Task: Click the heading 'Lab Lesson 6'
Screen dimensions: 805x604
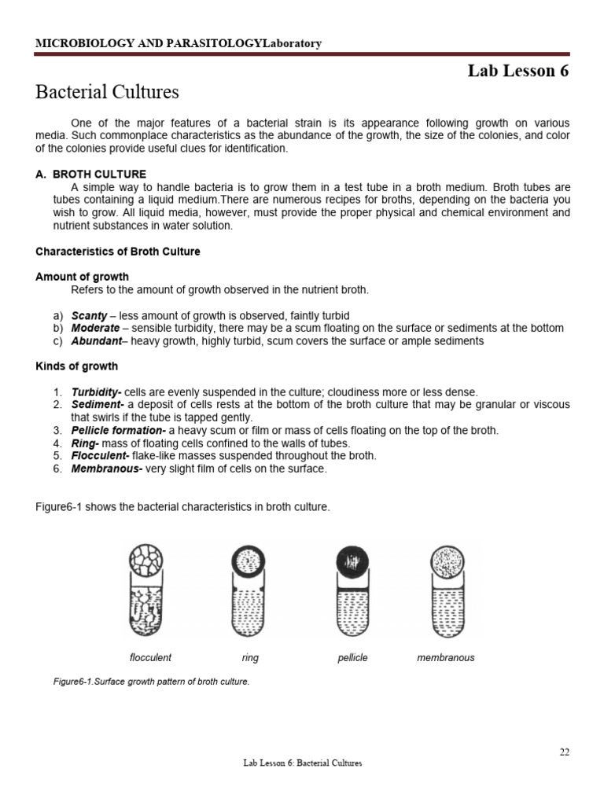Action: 517,71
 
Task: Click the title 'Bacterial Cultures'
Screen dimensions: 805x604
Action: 107,92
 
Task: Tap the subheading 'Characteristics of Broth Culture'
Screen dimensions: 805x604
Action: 118,252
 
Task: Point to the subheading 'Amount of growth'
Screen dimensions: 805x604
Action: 83,277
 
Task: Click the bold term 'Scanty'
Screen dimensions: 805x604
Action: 89,315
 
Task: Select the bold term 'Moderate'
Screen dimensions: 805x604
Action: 95,328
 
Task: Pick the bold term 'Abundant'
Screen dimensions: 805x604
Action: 98,341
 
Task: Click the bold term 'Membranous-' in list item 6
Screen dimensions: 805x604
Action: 102,469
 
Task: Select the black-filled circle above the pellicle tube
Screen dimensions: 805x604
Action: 352,562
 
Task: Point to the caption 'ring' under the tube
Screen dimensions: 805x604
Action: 251,657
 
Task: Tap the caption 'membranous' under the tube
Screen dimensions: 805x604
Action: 446,657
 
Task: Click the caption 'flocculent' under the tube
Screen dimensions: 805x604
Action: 150,657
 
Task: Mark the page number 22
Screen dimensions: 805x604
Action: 565,752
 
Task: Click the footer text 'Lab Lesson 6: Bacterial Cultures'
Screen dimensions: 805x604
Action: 302,763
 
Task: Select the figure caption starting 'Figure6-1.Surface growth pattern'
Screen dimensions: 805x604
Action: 150,682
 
